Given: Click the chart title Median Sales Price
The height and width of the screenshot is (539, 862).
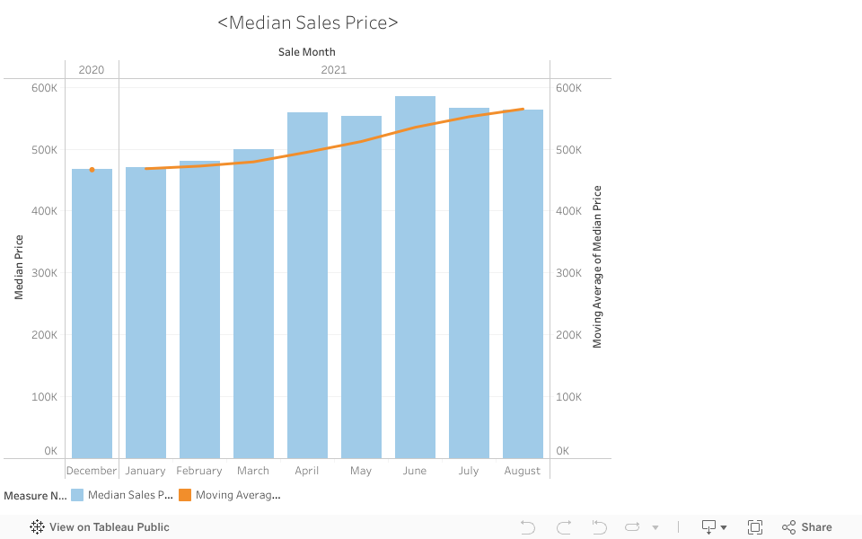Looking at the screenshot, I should [x=308, y=22].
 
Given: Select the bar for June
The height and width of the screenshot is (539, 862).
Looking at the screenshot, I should [x=415, y=278].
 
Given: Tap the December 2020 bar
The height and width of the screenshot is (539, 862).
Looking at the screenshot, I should [x=92, y=314].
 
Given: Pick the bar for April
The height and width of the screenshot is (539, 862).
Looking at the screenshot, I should [x=307, y=287].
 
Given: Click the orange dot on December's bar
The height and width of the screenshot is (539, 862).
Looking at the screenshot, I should [x=92, y=169].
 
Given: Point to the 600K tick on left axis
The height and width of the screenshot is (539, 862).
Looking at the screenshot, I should [x=44, y=88].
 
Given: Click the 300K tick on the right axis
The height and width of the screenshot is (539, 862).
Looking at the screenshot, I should [x=569, y=273].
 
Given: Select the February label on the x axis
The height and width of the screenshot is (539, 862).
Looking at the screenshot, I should [x=199, y=471].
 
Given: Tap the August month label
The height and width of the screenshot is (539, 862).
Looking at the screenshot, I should [x=523, y=471].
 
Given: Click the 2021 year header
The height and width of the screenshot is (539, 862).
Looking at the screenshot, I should [x=333, y=70].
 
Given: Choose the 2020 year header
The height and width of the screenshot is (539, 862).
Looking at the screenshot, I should [x=92, y=70].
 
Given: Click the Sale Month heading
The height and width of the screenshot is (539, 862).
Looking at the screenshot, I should [x=307, y=52].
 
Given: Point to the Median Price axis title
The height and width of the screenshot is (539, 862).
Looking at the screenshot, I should [x=19, y=267].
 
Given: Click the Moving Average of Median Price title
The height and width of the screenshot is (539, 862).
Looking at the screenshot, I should [x=597, y=267].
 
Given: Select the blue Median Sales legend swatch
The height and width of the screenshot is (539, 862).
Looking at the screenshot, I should [x=77, y=495].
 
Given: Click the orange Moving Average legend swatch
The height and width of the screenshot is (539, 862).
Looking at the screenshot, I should [x=185, y=495].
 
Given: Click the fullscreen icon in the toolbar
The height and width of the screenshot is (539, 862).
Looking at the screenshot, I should [x=755, y=527].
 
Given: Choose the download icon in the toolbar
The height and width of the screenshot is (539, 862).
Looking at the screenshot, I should [x=709, y=527].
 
